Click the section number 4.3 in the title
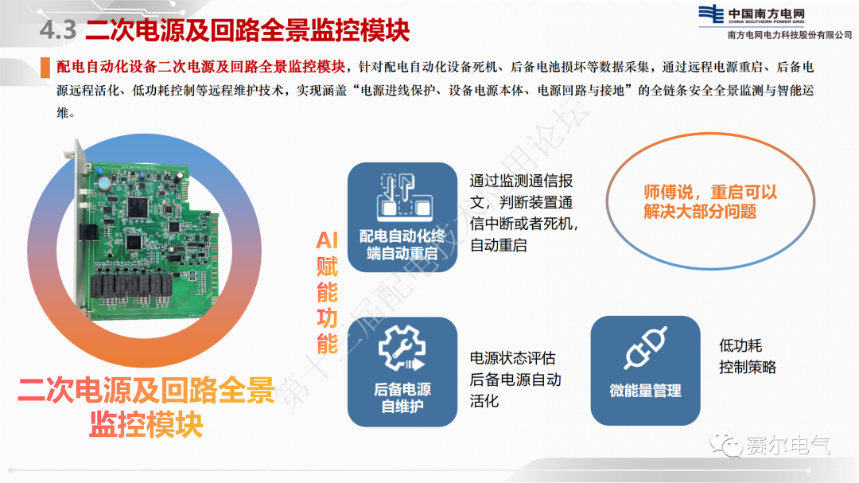tap(57, 29)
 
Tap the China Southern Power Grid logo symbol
tap(711, 14)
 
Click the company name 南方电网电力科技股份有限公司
tap(790, 35)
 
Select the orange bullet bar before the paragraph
tap(45, 68)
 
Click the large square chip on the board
tap(138, 207)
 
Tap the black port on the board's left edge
tap(87, 233)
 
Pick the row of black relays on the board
tap(131, 285)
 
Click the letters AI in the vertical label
tap(327, 240)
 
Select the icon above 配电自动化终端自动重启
tap(404, 197)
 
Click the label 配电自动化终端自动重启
tap(402, 244)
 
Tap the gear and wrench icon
tap(402, 348)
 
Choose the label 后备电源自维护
tap(402, 398)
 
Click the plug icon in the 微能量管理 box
tap(645, 348)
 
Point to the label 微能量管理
tap(645, 391)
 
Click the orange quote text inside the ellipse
tap(710, 202)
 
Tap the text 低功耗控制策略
tap(747, 356)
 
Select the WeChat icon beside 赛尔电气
tap(726, 444)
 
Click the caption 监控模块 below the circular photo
tap(146, 424)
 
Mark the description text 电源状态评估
tap(512, 358)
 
